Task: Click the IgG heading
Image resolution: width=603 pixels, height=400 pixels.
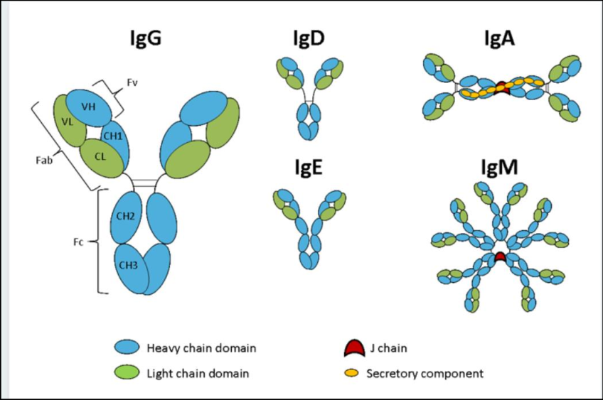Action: coord(146,38)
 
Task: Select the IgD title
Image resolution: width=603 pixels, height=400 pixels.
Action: coord(309,38)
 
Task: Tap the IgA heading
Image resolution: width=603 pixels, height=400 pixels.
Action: coord(499,38)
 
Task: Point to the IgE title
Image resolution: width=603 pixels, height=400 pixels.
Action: coord(309,167)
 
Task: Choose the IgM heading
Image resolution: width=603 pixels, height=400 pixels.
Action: coord(500,167)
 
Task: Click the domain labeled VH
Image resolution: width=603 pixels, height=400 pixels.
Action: coord(89,106)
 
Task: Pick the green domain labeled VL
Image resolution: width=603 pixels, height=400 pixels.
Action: coord(69,120)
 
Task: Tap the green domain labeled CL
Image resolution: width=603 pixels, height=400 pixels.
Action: coord(101,158)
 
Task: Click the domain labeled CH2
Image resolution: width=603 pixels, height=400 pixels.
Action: coord(126,217)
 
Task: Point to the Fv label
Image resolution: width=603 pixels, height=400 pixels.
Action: coord(132,82)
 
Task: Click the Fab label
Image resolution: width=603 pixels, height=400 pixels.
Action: coord(44,160)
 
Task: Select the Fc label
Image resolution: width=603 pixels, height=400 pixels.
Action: coord(78,242)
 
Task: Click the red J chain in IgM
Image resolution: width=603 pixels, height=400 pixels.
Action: coord(500,256)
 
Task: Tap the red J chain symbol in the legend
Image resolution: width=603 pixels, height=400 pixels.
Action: coord(354,347)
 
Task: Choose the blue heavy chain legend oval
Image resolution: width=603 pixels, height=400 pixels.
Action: coord(127,347)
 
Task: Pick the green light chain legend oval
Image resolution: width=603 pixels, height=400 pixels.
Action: coord(127,373)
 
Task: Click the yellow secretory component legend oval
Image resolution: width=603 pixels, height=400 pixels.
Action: coord(351,373)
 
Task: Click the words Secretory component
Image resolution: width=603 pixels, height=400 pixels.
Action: coord(425,374)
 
